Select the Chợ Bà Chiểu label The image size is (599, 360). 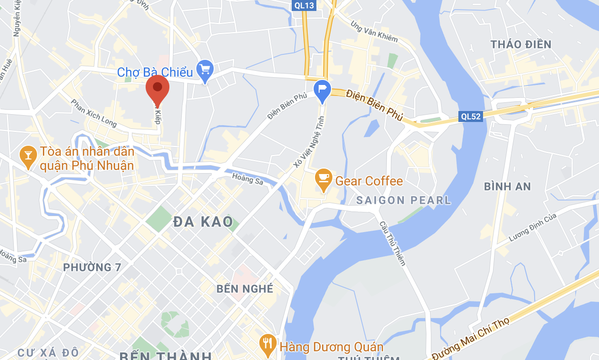click(154, 72)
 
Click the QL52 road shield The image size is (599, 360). click(471, 116)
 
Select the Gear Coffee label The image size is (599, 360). click(369, 181)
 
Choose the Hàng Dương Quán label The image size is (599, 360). click(331, 347)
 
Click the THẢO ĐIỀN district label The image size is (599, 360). click(521, 44)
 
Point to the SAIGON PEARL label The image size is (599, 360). click(404, 200)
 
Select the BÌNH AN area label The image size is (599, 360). click(507, 186)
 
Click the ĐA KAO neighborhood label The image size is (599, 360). click(204, 222)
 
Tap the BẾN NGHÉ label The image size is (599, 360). click(245, 289)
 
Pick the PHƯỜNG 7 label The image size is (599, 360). click(92, 267)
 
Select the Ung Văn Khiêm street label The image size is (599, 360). click(374, 32)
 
